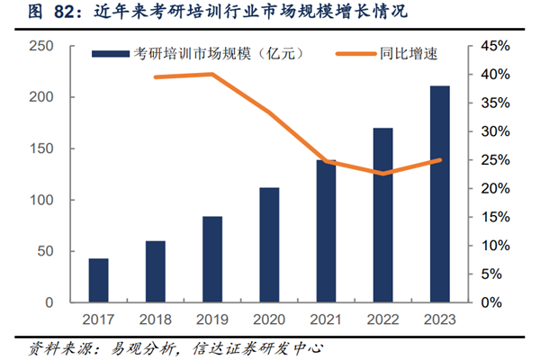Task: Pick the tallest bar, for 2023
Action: point(440,193)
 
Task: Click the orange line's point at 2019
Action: point(212,74)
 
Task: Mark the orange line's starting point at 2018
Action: point(156,77)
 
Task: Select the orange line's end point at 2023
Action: point(440,160)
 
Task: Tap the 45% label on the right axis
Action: point(493,46)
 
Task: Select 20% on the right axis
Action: point(493,188)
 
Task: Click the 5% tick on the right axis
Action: point(496,274)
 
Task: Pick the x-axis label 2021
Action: point(326,319)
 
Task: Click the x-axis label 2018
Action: point(156,319)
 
